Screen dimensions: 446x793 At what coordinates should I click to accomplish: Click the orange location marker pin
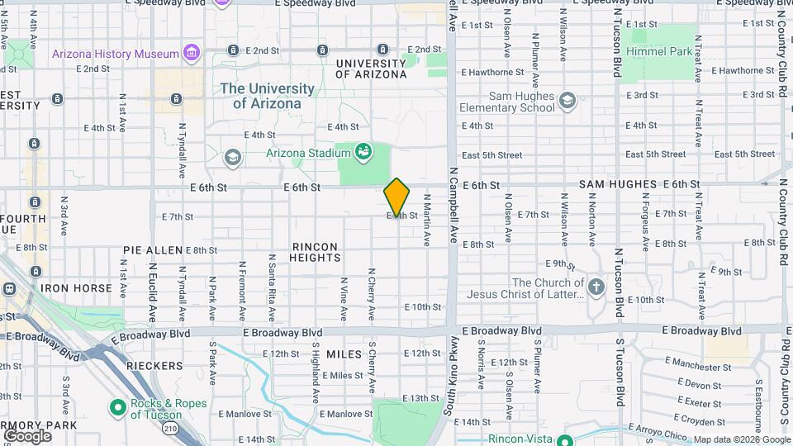[x=396, y=197]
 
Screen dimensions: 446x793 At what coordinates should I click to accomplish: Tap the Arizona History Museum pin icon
[x=192, y=54]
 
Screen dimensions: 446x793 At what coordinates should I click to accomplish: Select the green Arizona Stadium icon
[x=362, y=151]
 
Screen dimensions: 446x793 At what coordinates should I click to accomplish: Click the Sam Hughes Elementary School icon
[x=567, y=102]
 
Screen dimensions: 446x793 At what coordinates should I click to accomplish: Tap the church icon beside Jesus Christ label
[x=596, y=287]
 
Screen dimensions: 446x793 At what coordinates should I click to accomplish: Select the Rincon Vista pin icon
[x=565, y=440]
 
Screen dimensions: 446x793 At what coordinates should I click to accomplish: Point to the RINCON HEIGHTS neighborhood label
[x=314, y=252]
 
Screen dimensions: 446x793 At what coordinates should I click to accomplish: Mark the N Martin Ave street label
[x=427, y=221]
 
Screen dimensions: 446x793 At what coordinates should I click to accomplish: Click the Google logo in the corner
[x=27, y=435]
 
